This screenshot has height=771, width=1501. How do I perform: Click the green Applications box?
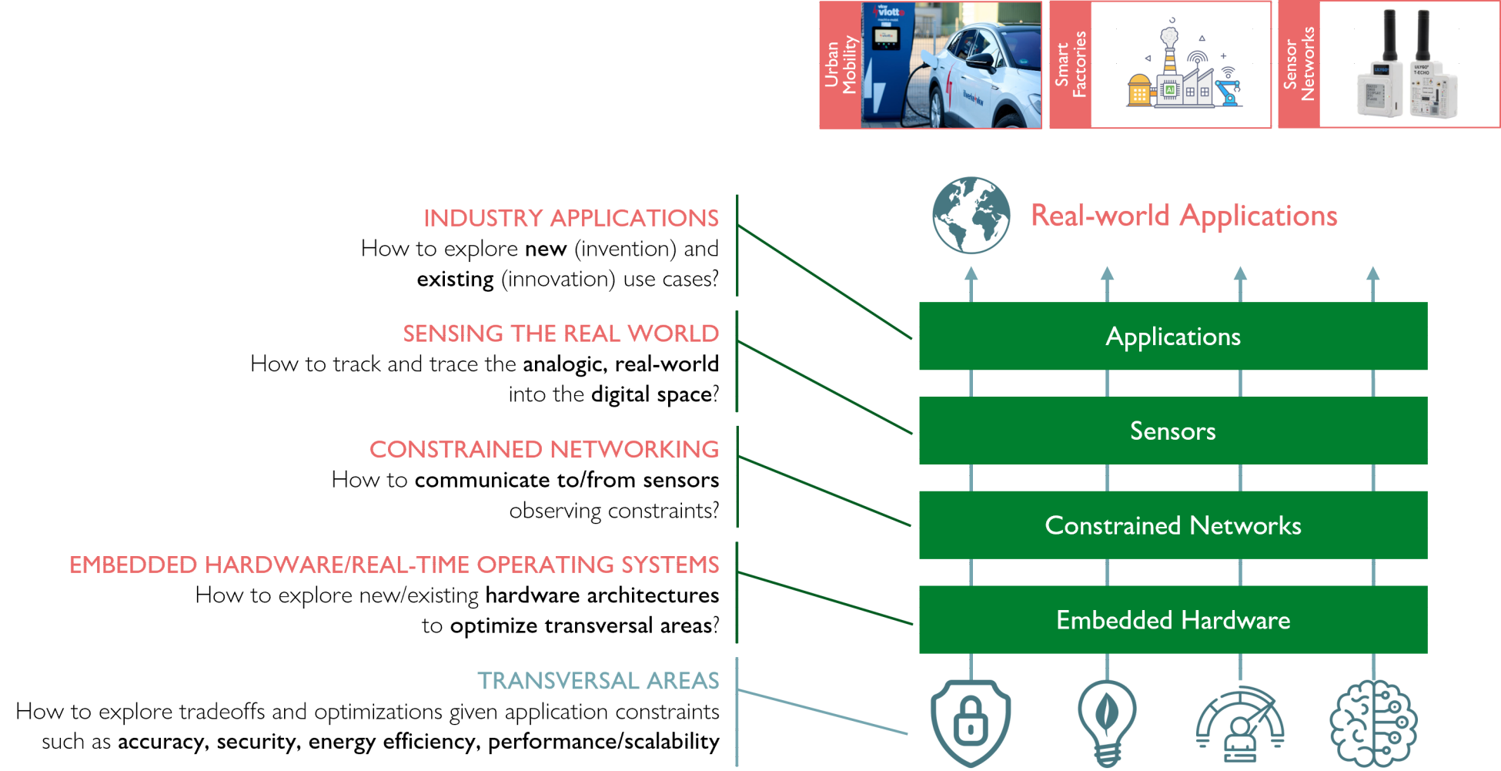[1172, 337]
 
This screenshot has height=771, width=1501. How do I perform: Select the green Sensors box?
[1172, 431]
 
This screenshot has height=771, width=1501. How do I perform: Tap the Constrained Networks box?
[1172, 525]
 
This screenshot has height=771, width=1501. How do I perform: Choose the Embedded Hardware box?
[1172, 620]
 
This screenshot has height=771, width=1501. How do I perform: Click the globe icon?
[971, 216]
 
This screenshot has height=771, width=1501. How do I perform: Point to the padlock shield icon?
[971, 722]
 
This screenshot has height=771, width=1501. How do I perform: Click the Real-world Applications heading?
[1184, 216]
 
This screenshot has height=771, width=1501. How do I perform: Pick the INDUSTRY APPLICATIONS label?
[571, 218]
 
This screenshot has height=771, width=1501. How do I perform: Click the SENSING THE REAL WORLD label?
[561, 334]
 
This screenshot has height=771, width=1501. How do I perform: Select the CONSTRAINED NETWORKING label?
[544, 450]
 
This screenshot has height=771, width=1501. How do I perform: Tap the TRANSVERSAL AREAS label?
[598, 681]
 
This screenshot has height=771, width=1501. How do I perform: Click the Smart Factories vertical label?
[1071, 65]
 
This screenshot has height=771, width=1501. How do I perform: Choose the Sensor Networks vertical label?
[1299, 65]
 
